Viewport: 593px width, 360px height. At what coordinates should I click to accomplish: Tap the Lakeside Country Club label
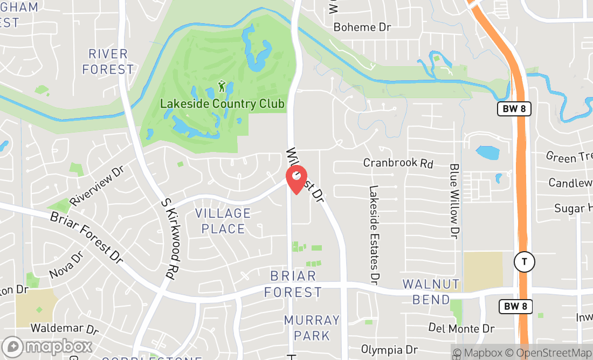click(x=222, y=103)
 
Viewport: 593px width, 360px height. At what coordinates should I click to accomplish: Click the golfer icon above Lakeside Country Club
click(x=222, y=86)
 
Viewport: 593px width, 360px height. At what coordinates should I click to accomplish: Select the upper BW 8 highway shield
click(x=514, y=109)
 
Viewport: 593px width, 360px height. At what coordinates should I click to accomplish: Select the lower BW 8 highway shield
click(x=515, y=307)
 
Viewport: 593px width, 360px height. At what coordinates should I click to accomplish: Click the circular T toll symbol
click(x=524, y=262)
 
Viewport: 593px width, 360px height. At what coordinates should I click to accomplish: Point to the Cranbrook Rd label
click(x=398, y=163)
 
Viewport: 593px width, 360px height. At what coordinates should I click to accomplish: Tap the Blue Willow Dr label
click(x=454, y=202)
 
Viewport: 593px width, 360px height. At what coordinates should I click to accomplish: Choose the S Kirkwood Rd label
click(x=169, y=237)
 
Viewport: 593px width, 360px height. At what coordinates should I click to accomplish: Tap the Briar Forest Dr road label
click(x=87, y=237)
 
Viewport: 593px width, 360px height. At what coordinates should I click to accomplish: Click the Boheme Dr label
click(x=362, y=27)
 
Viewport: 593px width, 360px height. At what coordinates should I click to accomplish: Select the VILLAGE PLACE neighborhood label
click(x=223, y=221)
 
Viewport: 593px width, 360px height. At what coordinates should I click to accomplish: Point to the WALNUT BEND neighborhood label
click(x=431, y=292)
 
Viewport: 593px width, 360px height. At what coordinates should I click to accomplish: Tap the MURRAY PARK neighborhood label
click(x=312, y=328)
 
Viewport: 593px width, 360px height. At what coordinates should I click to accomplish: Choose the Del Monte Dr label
click(x=461, y=328)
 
